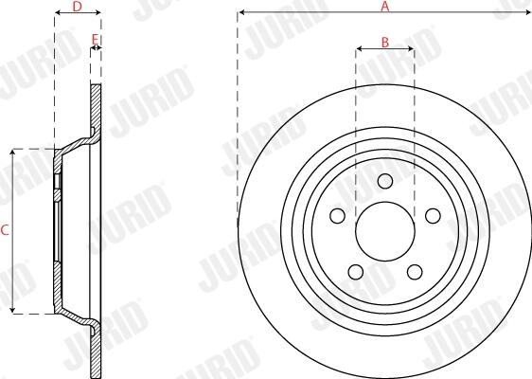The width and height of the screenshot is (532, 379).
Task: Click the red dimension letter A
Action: click(384, 6)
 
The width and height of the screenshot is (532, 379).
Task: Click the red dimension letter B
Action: click(385, 43)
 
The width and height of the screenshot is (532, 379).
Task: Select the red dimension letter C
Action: click(5, 230)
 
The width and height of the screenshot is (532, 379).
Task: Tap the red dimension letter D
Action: click(78, 6)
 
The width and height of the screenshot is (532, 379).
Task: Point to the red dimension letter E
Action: click(96, 40)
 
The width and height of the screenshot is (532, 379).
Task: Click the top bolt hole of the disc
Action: click(385, 181)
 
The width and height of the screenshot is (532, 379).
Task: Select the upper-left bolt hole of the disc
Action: click(337, 216)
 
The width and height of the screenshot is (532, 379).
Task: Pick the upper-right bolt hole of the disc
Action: click(433, 216)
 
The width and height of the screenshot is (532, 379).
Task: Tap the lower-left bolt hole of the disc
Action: click(356, 272)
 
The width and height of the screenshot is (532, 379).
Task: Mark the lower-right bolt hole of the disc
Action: click(415, 272)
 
